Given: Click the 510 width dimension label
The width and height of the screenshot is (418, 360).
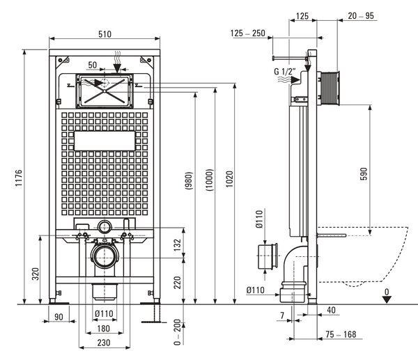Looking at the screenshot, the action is pos(104,34).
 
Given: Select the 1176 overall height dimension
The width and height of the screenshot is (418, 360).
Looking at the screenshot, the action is pos(18,178).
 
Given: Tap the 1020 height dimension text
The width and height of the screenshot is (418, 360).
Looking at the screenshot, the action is pos(229,179).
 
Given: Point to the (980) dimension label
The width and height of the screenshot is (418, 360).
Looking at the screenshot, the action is pos(189,180).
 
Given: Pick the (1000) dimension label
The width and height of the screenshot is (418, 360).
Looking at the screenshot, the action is pos(210,180).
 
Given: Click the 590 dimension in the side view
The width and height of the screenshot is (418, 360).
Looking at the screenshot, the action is pos(364,174).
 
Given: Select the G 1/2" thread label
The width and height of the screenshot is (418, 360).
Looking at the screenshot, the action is pos(285,72).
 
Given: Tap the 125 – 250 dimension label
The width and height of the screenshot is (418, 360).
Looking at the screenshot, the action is pos(247,33).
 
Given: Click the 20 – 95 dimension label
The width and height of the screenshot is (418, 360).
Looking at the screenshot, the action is pos(361,16).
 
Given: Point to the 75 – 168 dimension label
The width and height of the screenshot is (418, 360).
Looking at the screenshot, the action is pos(341,334).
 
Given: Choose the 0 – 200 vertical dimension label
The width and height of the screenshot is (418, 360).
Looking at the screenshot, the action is pos(177,332).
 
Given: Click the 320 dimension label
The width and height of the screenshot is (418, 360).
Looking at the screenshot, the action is pos(36,274).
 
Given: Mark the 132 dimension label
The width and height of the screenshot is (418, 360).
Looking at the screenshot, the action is pos(177,245).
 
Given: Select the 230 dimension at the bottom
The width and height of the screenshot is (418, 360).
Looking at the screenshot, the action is pos(103,343).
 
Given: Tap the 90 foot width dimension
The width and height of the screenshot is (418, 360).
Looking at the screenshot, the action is pos(59,317).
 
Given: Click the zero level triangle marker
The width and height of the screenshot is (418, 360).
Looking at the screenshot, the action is pos(387,299).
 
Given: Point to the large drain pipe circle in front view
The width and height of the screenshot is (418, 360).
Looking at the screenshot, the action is pos(105,256).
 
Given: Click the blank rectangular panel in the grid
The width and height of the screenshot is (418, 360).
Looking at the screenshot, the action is pos(104,141).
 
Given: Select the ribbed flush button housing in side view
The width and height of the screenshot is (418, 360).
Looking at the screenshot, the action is pos(330,88).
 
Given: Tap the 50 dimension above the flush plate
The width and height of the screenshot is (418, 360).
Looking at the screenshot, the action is pos(93,65).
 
